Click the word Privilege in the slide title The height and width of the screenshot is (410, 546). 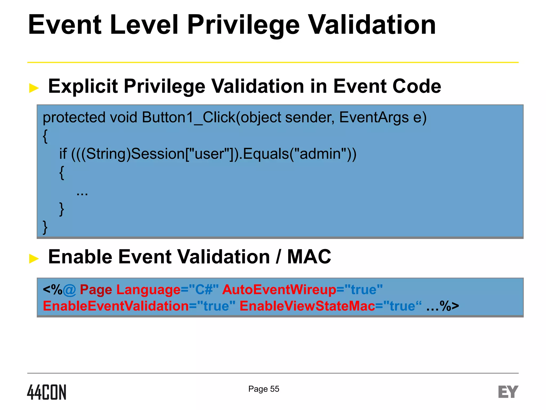click(x=243, y=25)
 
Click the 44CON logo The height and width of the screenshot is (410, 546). click(x=47, y=392)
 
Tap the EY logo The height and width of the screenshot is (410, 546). click(x=508, y=392)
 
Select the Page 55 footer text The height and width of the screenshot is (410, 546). click(x=264, y=389)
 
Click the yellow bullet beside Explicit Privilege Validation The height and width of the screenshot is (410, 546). click(x=34, y=88)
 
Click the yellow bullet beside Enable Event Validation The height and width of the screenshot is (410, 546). click(x=34, y=258)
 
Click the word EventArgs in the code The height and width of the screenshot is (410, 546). click(x=374, y=117)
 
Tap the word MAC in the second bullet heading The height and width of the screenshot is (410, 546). click(x=309, y=257)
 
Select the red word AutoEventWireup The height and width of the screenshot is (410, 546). click(x=279, y=290)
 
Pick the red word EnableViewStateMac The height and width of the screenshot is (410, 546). click(x=307, y=306)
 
